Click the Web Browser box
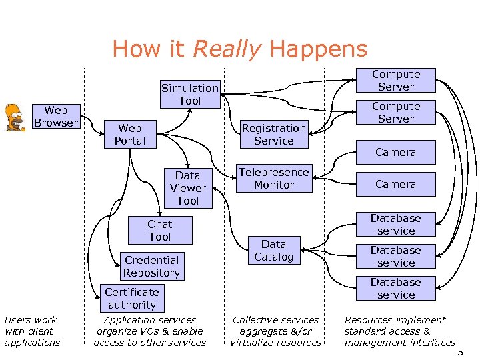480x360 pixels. (56, 116)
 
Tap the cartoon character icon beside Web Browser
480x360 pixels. (13, 117)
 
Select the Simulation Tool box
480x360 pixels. (189, 94)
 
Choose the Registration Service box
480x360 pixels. (273, 134)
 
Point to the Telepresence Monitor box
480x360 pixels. (273, 179)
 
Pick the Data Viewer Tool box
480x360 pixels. (187, 188)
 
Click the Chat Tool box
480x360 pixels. (159, 231)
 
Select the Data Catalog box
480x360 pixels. (273, 251)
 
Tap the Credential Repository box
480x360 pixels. (151, 267)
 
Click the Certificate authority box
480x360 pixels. (131, 298)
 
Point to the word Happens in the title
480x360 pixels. (318, 49)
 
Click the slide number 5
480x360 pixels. (459, 351)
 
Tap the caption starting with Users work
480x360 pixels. (31, 331)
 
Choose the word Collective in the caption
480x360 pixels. (257, 320)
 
